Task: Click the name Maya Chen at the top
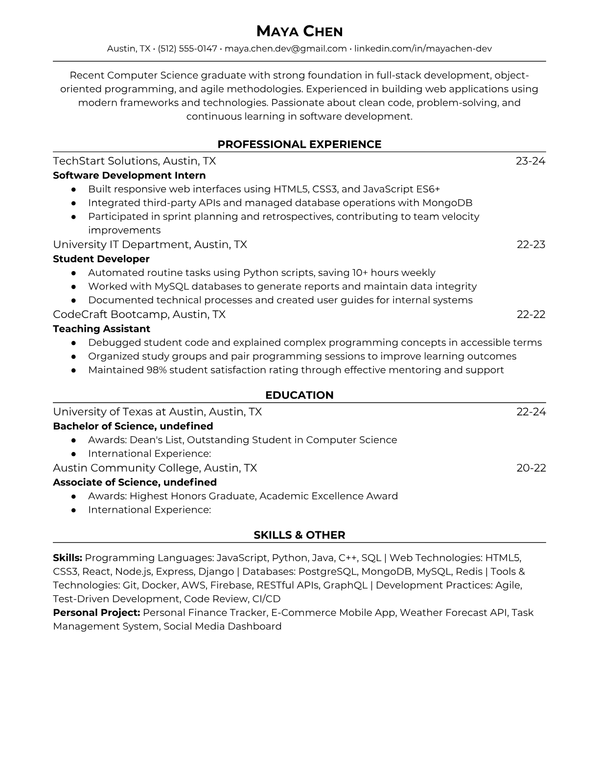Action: click(299, 31)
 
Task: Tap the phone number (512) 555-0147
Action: click(187, 48)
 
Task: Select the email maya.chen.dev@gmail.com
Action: click(285, 48)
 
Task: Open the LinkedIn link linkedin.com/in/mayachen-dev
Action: click(423, 48)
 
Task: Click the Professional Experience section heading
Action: click(299, 144)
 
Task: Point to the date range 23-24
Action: click(530, 161)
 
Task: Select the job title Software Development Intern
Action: click(129, 175)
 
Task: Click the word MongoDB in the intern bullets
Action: click(447, 203)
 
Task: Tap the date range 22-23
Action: click(531, 244)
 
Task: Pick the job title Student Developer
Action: click(101, 259)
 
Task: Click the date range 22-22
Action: click(531, 314)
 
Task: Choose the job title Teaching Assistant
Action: click(101, 329)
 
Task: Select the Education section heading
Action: click(299, 395)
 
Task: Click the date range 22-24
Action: click(531, 412)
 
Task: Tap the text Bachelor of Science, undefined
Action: click(133, 426)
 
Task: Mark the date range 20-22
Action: click(531, 468)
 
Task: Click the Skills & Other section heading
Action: click(299, 535)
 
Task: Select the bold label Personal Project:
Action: click(96, 613)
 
